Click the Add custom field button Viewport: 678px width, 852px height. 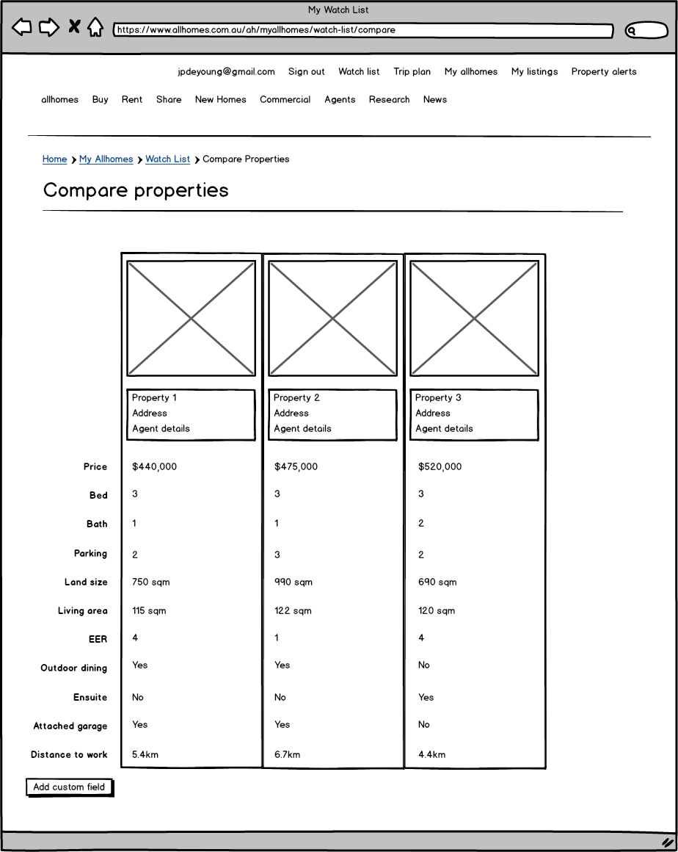pyautogui.click(x=69, y=787)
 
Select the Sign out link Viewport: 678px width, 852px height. pyautogui.click(x=306, y=71)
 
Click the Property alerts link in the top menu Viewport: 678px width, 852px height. pyautogui.click(x=603, y=71)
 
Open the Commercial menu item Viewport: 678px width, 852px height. pyautogui.click(x=285, y=99)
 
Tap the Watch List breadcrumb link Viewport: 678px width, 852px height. pyautogui.click(x=167, y=159)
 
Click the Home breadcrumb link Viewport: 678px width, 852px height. pyautogui.click(x=54, y=159)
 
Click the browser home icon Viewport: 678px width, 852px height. pyautogui.click(x=95, y=28)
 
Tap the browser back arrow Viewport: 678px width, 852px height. pyautogui.click(x=22, y=28)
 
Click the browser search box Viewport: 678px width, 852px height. pyautogui.click(x=646, y=31)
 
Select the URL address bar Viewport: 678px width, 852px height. pyautogui.click(x=363, y=31)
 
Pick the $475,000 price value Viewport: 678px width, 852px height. pyautogui.click(x=296, y=466)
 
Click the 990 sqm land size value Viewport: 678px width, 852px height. pyautogui.click(x=293, y=582)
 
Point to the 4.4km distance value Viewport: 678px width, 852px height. pyautogui.click(x=431, y=754)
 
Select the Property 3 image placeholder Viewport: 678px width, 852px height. pyautogui.click(x=474, y=318)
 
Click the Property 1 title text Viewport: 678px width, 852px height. pyautogui.click(x=154, y=397)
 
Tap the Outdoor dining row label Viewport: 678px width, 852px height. pyautogui.click(x=73, y=668)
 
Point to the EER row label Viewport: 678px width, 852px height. pyautogui.click(x=98, y=639)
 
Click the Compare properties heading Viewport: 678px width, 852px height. pyautogui.click(x=136, y=190)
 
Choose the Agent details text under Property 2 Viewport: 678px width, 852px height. pyautogui.click(x=302, y=428)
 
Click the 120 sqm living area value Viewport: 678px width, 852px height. pyautogui.click(x=436, y=610)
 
